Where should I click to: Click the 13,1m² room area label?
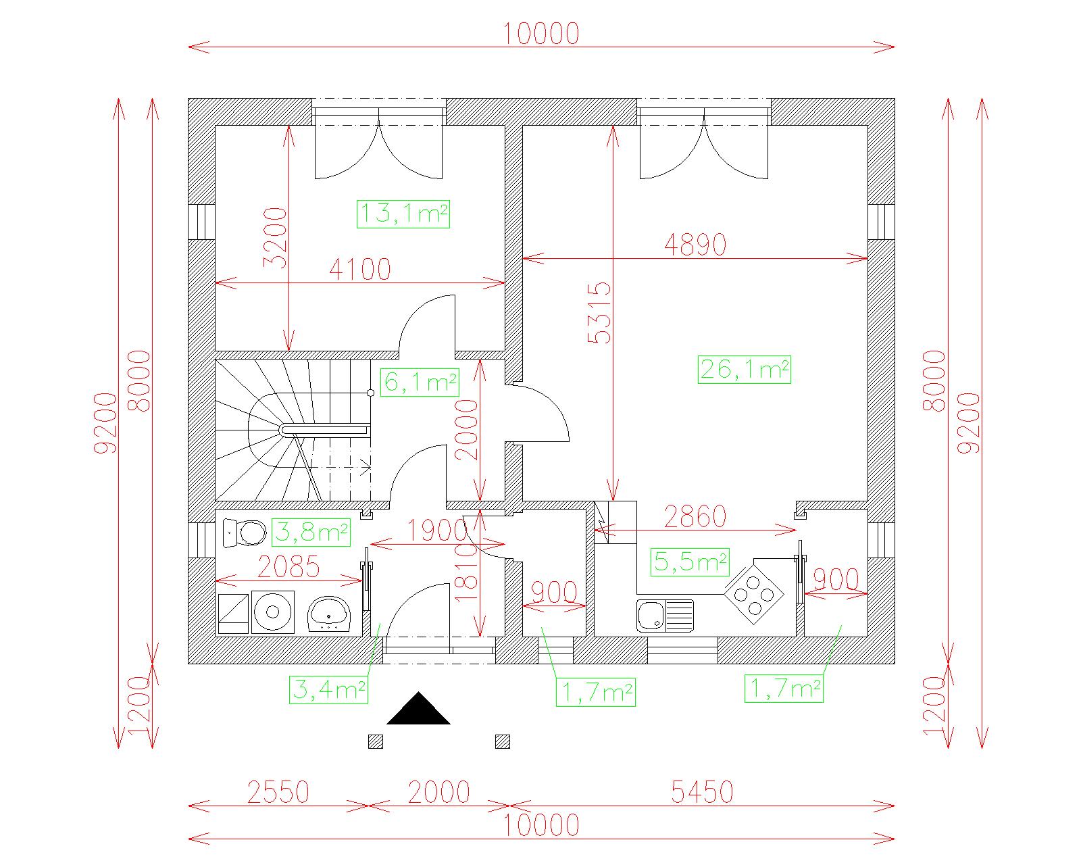[403, 214]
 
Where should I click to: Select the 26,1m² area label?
[745, 369]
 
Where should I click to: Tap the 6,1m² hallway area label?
[420, 382]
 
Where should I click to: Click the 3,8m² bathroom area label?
[311, 533]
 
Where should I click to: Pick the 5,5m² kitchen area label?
[690, 562]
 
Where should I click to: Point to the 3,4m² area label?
[329, 690]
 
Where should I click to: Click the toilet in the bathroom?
[244, 533]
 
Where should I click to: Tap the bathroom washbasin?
[329, 614]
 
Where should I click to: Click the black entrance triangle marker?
[419, 708]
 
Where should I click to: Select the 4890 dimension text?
[695, 245]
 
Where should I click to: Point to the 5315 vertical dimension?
[599, 312]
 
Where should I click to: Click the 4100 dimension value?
[360, 270]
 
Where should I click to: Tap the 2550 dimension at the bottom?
[278, 792]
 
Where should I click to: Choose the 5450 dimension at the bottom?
[702, 792]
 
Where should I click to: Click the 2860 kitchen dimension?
[695, 517]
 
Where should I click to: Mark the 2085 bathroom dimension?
[288, 568]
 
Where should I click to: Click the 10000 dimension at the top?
[542, 34]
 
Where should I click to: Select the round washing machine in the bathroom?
[273, 612]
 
